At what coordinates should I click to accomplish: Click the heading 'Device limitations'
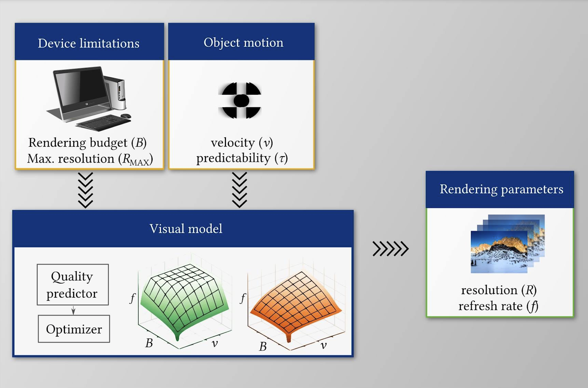click(x=89, y=43)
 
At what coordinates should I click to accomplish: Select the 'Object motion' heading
click(x=243, y=42)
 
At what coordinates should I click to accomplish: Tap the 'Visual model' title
click(x=186, y=229)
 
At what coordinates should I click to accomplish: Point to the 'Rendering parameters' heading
click(x=501, y=189)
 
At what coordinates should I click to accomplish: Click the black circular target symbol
click(x=240, y=100)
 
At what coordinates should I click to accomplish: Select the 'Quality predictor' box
click(x=73, y=285)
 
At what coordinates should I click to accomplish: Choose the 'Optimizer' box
click(x=74, y=329)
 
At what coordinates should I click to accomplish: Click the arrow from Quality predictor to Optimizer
click(x=73, y=310)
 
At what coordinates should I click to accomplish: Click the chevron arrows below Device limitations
click(x=86, y=190)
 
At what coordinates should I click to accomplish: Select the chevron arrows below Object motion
click(x=240, y=190)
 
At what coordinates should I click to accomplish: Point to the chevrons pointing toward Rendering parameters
click(x=390, y=249)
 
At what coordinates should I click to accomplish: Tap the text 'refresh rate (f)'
click(x=498, y=306)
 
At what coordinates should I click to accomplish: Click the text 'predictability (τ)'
click(x=242, y=158)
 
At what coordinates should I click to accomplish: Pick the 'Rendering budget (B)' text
click(x=87, y=143)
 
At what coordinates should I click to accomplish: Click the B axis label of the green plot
click(x=149, y=343)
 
